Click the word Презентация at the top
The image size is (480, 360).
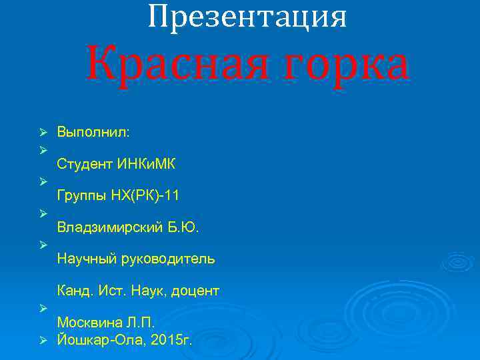(247, 17)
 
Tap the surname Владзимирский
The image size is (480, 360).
(111, 228)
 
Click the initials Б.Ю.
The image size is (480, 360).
(185, 228)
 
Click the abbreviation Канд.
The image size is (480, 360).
(74, 291)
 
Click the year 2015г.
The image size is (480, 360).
(173, 341)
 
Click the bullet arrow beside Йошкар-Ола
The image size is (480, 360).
(42, 341)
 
